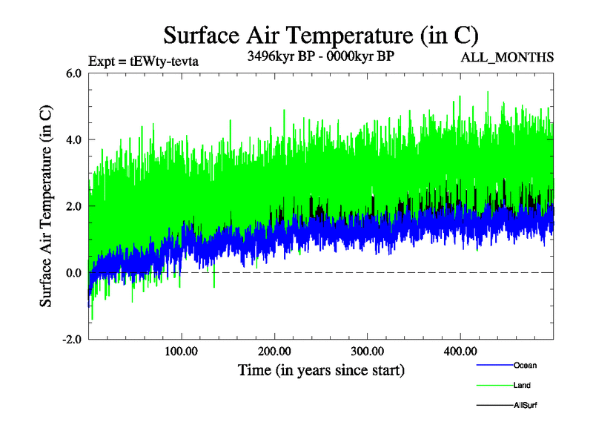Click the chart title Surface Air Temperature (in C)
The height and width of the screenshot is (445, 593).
pos(320,34)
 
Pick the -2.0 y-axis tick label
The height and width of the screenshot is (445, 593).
pos(71,340)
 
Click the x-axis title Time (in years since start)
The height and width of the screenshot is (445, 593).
pos(321,369)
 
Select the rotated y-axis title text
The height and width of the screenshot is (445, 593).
pos(46,206)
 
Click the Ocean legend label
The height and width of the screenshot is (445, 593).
pos(525,365)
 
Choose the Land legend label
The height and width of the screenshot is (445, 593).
pos(522,385)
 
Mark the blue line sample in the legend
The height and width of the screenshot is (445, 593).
pos(493,365)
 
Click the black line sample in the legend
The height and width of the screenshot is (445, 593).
pos(493,405)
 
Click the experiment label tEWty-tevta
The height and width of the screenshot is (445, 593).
pos(145,61)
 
